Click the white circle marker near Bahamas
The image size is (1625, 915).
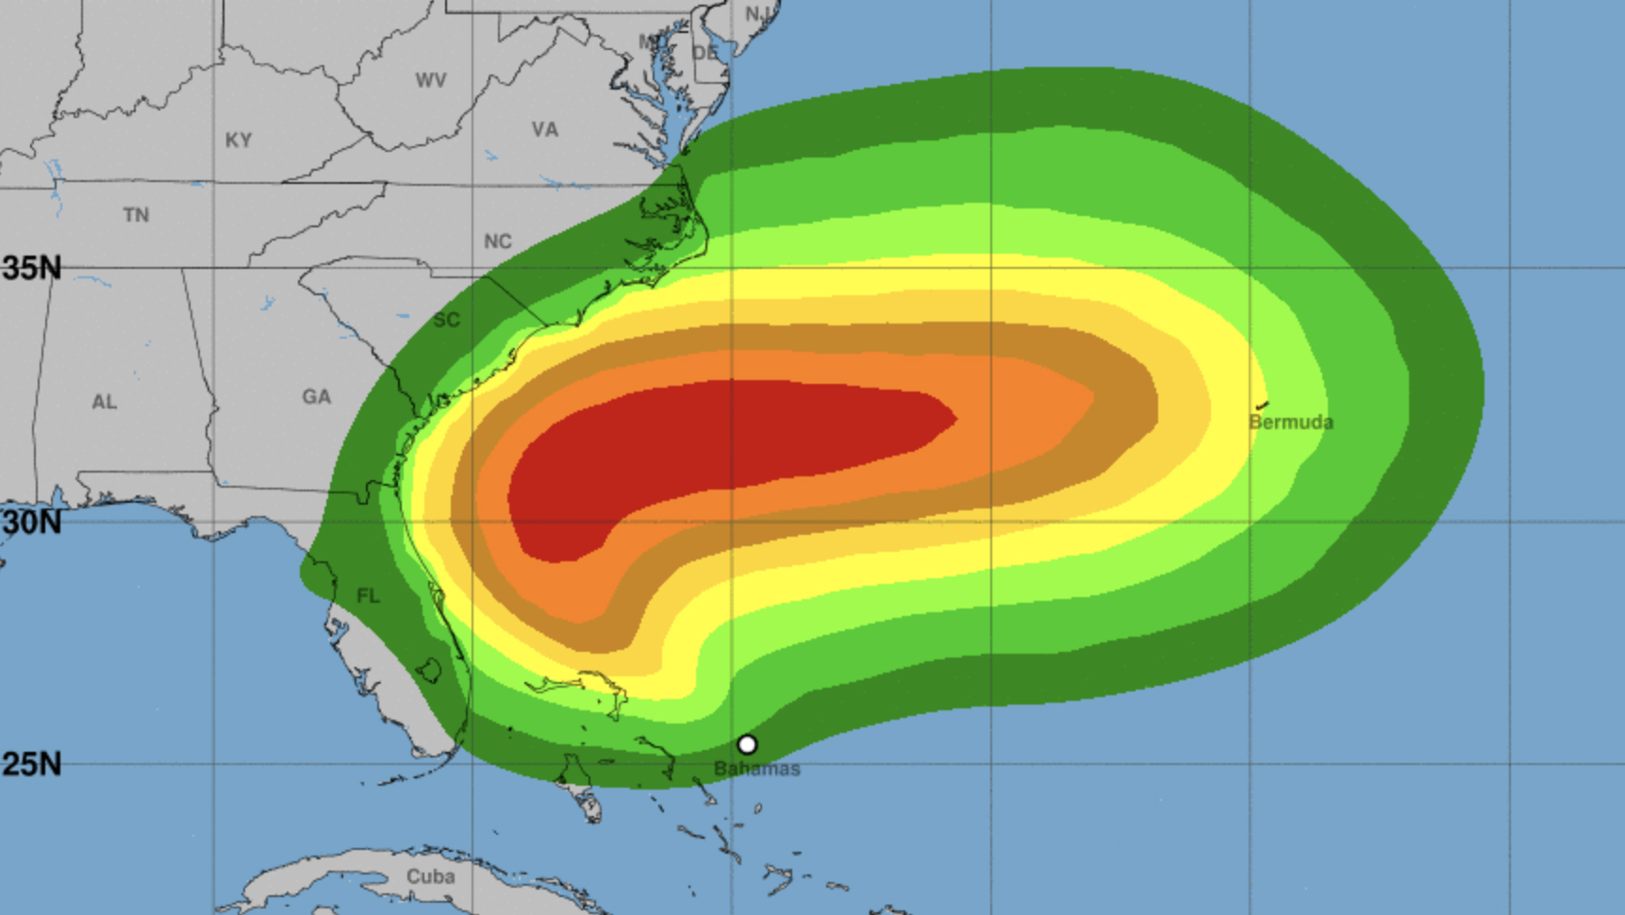[747, 744]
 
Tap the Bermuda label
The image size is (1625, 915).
[1291, 423]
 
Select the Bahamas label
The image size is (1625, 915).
[756, 769]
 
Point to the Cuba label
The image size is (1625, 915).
[430, 876]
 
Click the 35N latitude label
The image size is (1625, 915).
[31, 268]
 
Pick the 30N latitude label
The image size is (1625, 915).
[31, 522]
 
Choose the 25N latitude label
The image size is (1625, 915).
[31, 764]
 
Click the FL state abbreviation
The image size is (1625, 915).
[368, 595]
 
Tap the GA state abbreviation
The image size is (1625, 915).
[317, 397]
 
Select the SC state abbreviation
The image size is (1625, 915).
[447, 320]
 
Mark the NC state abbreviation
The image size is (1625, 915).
[498, 241]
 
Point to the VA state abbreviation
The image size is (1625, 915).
[544, 129]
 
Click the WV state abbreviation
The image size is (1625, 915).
[431, 80]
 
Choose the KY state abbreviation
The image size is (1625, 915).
[239, 141]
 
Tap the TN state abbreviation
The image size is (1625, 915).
[136, 215]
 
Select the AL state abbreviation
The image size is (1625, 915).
[105, 402]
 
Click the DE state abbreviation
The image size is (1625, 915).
[705, 53]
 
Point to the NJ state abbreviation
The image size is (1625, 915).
[758, 13]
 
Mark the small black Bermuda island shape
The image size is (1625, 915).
[1262, 405]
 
